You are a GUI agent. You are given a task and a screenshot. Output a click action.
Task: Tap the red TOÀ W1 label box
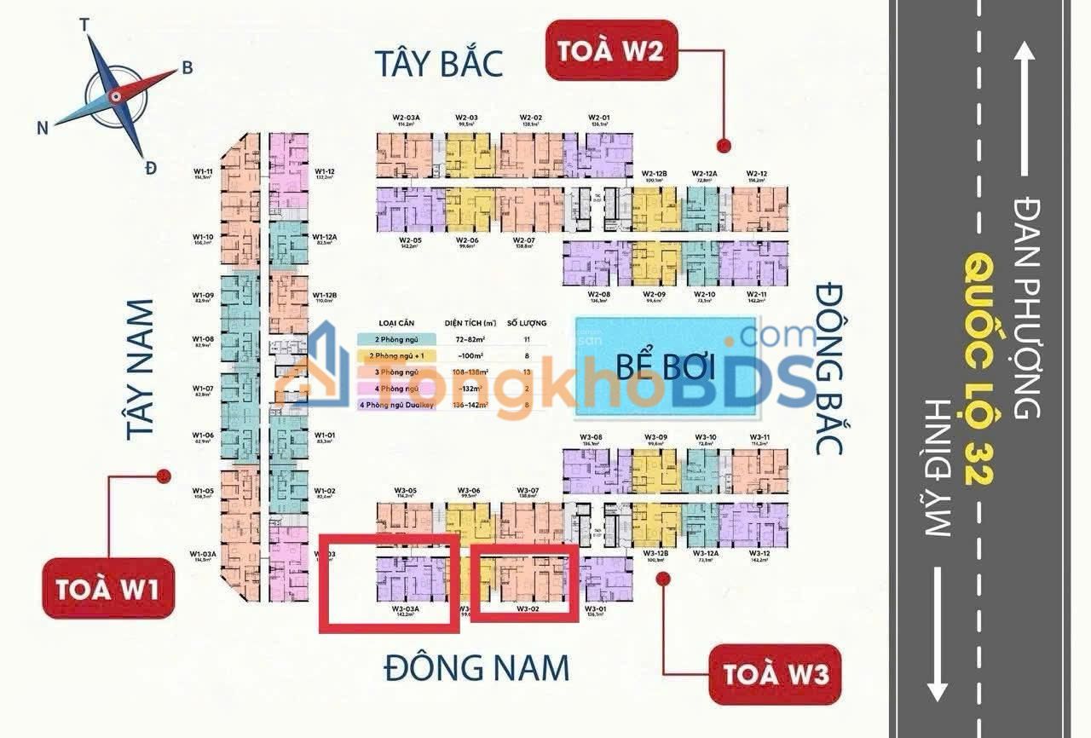pyautogui.click(x=108, y=588)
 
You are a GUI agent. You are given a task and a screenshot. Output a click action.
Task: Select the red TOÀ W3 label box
pyautogui.click(x=775, y=673)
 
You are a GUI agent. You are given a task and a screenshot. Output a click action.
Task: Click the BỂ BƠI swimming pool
pyautogui.click(x=666, y=366)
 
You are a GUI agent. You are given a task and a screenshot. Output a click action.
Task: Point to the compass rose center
pyautogui.click(x=114, y=95)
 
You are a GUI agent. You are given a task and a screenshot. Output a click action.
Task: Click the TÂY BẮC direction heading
pyautogui.click(x=439, y=64)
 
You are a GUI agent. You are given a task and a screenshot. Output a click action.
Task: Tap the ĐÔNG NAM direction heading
pyautogui.click(x=476, y=667)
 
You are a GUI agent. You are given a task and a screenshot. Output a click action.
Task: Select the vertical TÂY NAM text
pyautogui.click(x=141, y=369)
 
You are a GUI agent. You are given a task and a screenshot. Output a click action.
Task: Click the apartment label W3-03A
pyautogui.click(x=405, y=609)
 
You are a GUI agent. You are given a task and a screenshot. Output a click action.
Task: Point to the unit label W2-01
pyautogui.click(x=599, y=118)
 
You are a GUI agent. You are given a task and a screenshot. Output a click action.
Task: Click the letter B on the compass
pyautogui.click(x=187, y=68)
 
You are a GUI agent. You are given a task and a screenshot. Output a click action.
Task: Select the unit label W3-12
pyautogui.click(x=759, y=554)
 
